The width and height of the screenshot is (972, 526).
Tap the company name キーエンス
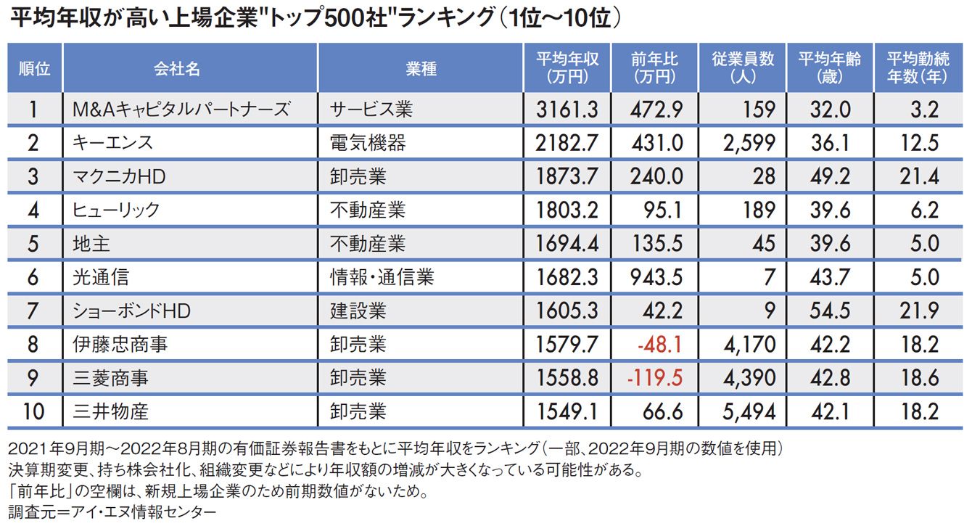113,143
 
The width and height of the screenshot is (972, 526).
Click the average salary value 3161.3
567,110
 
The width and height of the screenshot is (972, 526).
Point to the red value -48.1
659,344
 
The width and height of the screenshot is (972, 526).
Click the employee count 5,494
749,411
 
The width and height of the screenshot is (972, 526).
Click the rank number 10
33,411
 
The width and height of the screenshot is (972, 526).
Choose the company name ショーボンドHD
131,311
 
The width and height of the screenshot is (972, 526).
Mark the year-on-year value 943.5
657,277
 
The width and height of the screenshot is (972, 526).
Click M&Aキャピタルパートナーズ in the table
181,110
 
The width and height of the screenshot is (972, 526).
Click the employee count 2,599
749,143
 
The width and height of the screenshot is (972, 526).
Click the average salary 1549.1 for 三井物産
567,411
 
